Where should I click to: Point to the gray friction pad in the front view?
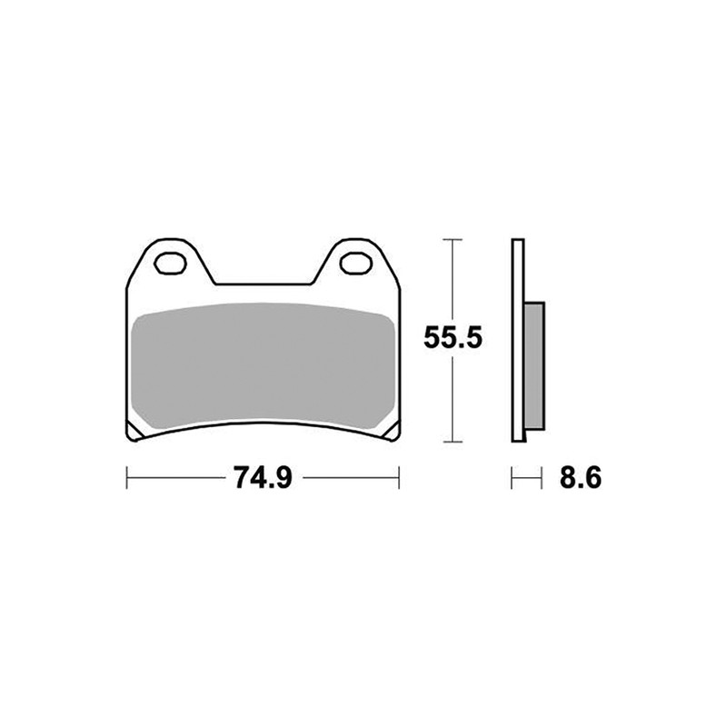click(x=262, y=363)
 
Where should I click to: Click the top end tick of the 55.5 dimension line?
click(x=452, y=240)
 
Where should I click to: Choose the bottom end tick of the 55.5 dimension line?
click(x=452, y=443)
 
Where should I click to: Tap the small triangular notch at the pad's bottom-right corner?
click(x=392, y=429)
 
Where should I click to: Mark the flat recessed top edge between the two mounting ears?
click(x=262, y=284)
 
